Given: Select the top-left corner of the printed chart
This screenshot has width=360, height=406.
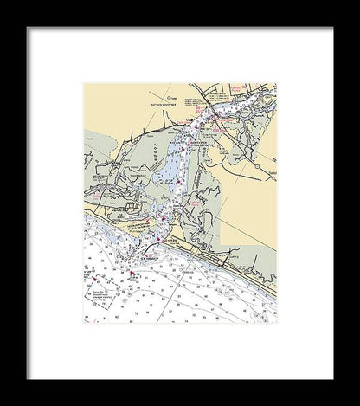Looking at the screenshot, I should point(84,84).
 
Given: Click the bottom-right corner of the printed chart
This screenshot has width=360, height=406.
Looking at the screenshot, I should point(276,322).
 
